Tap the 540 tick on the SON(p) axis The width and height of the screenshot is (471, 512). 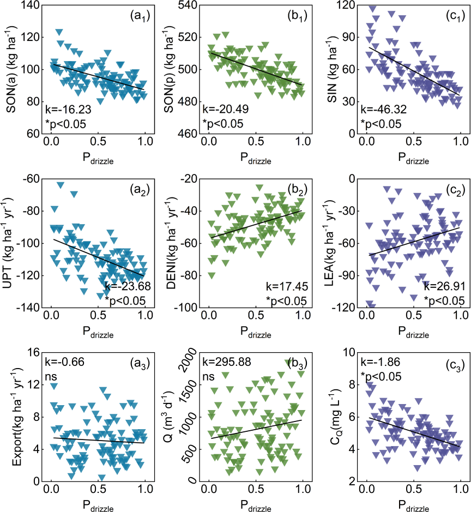pos(189,5)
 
